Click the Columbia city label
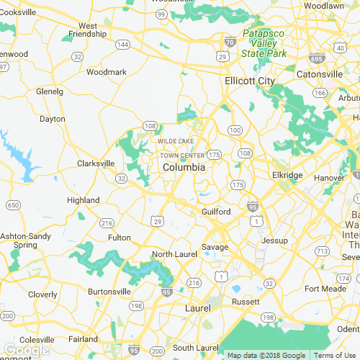coord(184,167)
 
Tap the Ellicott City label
coord(249,81)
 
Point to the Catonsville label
coord(320,74)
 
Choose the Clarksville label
coord(96,163)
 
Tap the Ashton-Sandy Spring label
coord(25,240)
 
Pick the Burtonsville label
coord(109,292)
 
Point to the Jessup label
coord(274,240)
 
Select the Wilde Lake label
coord(176,141)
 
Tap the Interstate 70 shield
coord(229,42)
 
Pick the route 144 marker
coord(123,45)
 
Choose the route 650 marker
coord(13,205)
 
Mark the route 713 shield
coord(322,251)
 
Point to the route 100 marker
coord(235,130)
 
